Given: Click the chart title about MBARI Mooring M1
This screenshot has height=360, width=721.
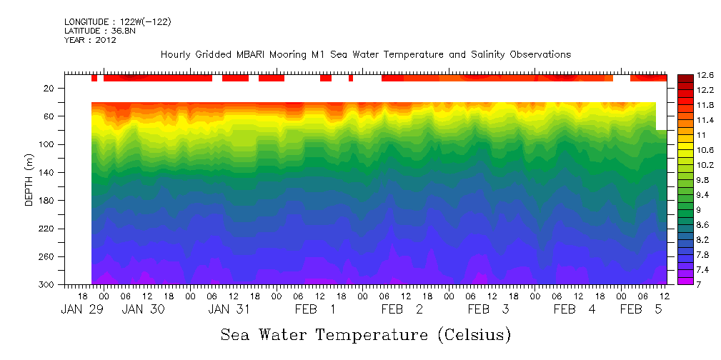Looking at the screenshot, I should (x=365, y=55).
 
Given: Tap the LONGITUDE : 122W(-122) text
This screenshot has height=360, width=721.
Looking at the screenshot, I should (x=117, y=22).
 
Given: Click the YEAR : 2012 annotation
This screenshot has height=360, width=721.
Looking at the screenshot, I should (x=90, y=41).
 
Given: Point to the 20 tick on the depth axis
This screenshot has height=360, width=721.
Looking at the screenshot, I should (x=50, y=89).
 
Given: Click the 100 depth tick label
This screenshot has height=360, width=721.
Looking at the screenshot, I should (x=48, y=145).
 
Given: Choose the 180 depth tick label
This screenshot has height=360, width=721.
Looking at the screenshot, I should (x=48, y=201).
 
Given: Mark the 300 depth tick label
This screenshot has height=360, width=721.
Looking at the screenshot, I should (x=48, y=285).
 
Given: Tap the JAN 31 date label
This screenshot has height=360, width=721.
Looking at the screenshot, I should (x=229, y=309).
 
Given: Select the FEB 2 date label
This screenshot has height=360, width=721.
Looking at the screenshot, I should (x=402, y=309).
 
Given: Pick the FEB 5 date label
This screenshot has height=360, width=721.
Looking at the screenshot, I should (x=640, y=309).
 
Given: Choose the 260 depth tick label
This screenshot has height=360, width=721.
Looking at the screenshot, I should (x=48, y=257).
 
